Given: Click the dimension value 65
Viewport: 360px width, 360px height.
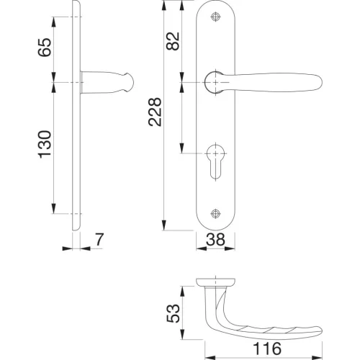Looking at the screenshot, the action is point(45,48).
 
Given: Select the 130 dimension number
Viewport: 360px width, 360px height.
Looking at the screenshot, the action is point(45,145).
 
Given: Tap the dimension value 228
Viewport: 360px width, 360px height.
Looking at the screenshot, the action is point(155,112).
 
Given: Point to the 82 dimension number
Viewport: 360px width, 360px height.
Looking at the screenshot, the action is point(173,41).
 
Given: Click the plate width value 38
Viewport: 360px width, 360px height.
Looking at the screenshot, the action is point(215,239).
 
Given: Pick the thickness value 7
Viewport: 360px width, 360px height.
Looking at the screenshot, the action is point(99,239).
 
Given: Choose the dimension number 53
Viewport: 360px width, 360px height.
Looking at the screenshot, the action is point(173,313).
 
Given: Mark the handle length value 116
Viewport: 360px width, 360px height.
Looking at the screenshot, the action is point(267,348).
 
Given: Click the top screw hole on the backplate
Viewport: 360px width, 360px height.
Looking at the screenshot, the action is point(215,17).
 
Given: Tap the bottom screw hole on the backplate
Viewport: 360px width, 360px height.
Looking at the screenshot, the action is point(215,213).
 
